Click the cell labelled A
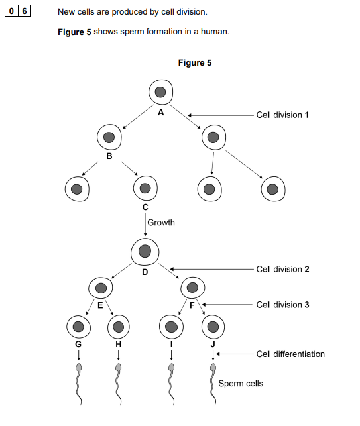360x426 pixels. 160,91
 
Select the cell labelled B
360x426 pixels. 109,138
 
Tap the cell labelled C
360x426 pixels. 145,188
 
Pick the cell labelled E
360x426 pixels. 100,288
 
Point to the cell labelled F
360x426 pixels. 192,288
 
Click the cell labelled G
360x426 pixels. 78,326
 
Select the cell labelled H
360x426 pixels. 119,326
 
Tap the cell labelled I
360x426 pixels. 172,326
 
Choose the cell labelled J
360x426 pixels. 212,326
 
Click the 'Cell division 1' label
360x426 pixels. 283,115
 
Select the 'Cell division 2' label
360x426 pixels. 283,270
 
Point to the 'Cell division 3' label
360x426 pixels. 283,305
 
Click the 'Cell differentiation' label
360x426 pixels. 290,354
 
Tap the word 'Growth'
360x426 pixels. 161,223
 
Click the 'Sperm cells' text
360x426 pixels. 241,384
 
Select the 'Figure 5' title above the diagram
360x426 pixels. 195,63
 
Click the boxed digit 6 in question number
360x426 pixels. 26,12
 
